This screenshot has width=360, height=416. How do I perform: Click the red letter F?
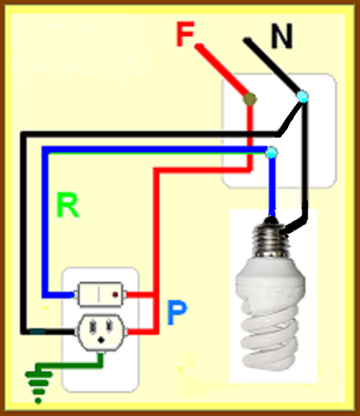(185, 35)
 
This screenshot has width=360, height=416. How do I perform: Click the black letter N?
(281, 36)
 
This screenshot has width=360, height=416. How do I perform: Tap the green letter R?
(67, 205)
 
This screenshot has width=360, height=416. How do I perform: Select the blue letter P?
(177, 313)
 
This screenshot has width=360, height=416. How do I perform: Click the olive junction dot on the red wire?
(249, 99)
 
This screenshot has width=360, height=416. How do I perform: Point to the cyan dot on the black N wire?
(301, 97)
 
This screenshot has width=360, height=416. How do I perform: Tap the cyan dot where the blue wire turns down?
(272, 153)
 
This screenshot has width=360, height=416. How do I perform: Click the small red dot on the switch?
(115, 295)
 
